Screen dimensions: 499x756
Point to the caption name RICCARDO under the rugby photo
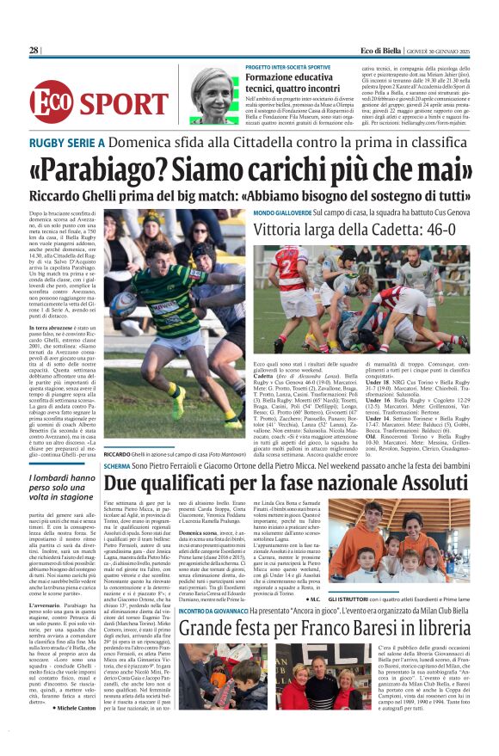[118, 454]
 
